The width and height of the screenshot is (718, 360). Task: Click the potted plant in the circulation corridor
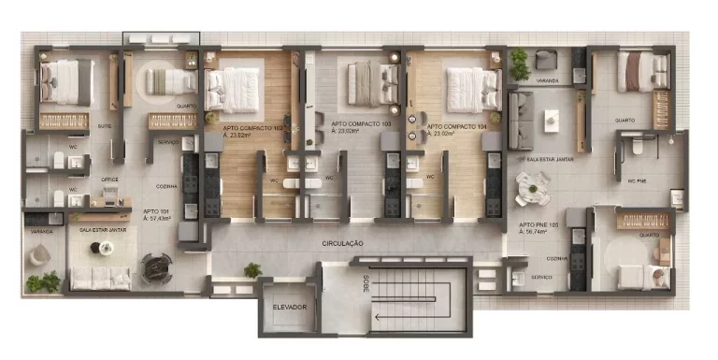coord(252,270)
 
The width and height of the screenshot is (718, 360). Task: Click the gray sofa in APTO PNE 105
coord(519,121)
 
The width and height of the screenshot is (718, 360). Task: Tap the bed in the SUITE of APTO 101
coord(64,82)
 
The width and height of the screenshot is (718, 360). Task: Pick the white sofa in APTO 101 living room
coord(100,277)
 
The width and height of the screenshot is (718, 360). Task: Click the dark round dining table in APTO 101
coord(155,269)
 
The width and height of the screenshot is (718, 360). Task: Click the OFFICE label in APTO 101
coord(108,178)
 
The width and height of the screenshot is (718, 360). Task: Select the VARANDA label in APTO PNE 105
coord(548,81)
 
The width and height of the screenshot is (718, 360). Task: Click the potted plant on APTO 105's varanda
coord(519,63)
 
